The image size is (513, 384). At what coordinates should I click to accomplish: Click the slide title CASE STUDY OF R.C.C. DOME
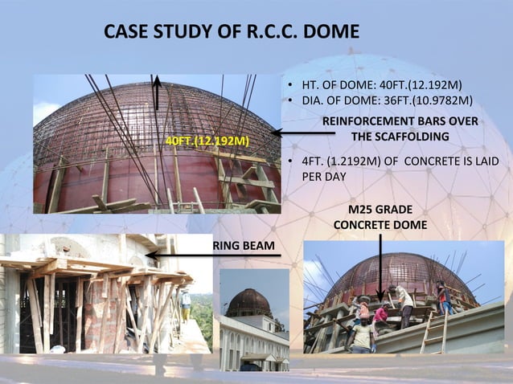coord(232,33)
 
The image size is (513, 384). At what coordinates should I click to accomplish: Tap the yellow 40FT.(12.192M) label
coord(207,141)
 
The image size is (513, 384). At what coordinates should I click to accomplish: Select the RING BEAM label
coord(244,245)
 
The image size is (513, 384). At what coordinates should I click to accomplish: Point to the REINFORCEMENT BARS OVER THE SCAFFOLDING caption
coord(400,129)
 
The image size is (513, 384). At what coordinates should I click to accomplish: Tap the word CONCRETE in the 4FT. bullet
coord(434,161)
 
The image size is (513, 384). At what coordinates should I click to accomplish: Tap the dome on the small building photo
coord(249,303)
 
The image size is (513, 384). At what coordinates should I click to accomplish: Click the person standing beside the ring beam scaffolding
coord(187,304)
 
